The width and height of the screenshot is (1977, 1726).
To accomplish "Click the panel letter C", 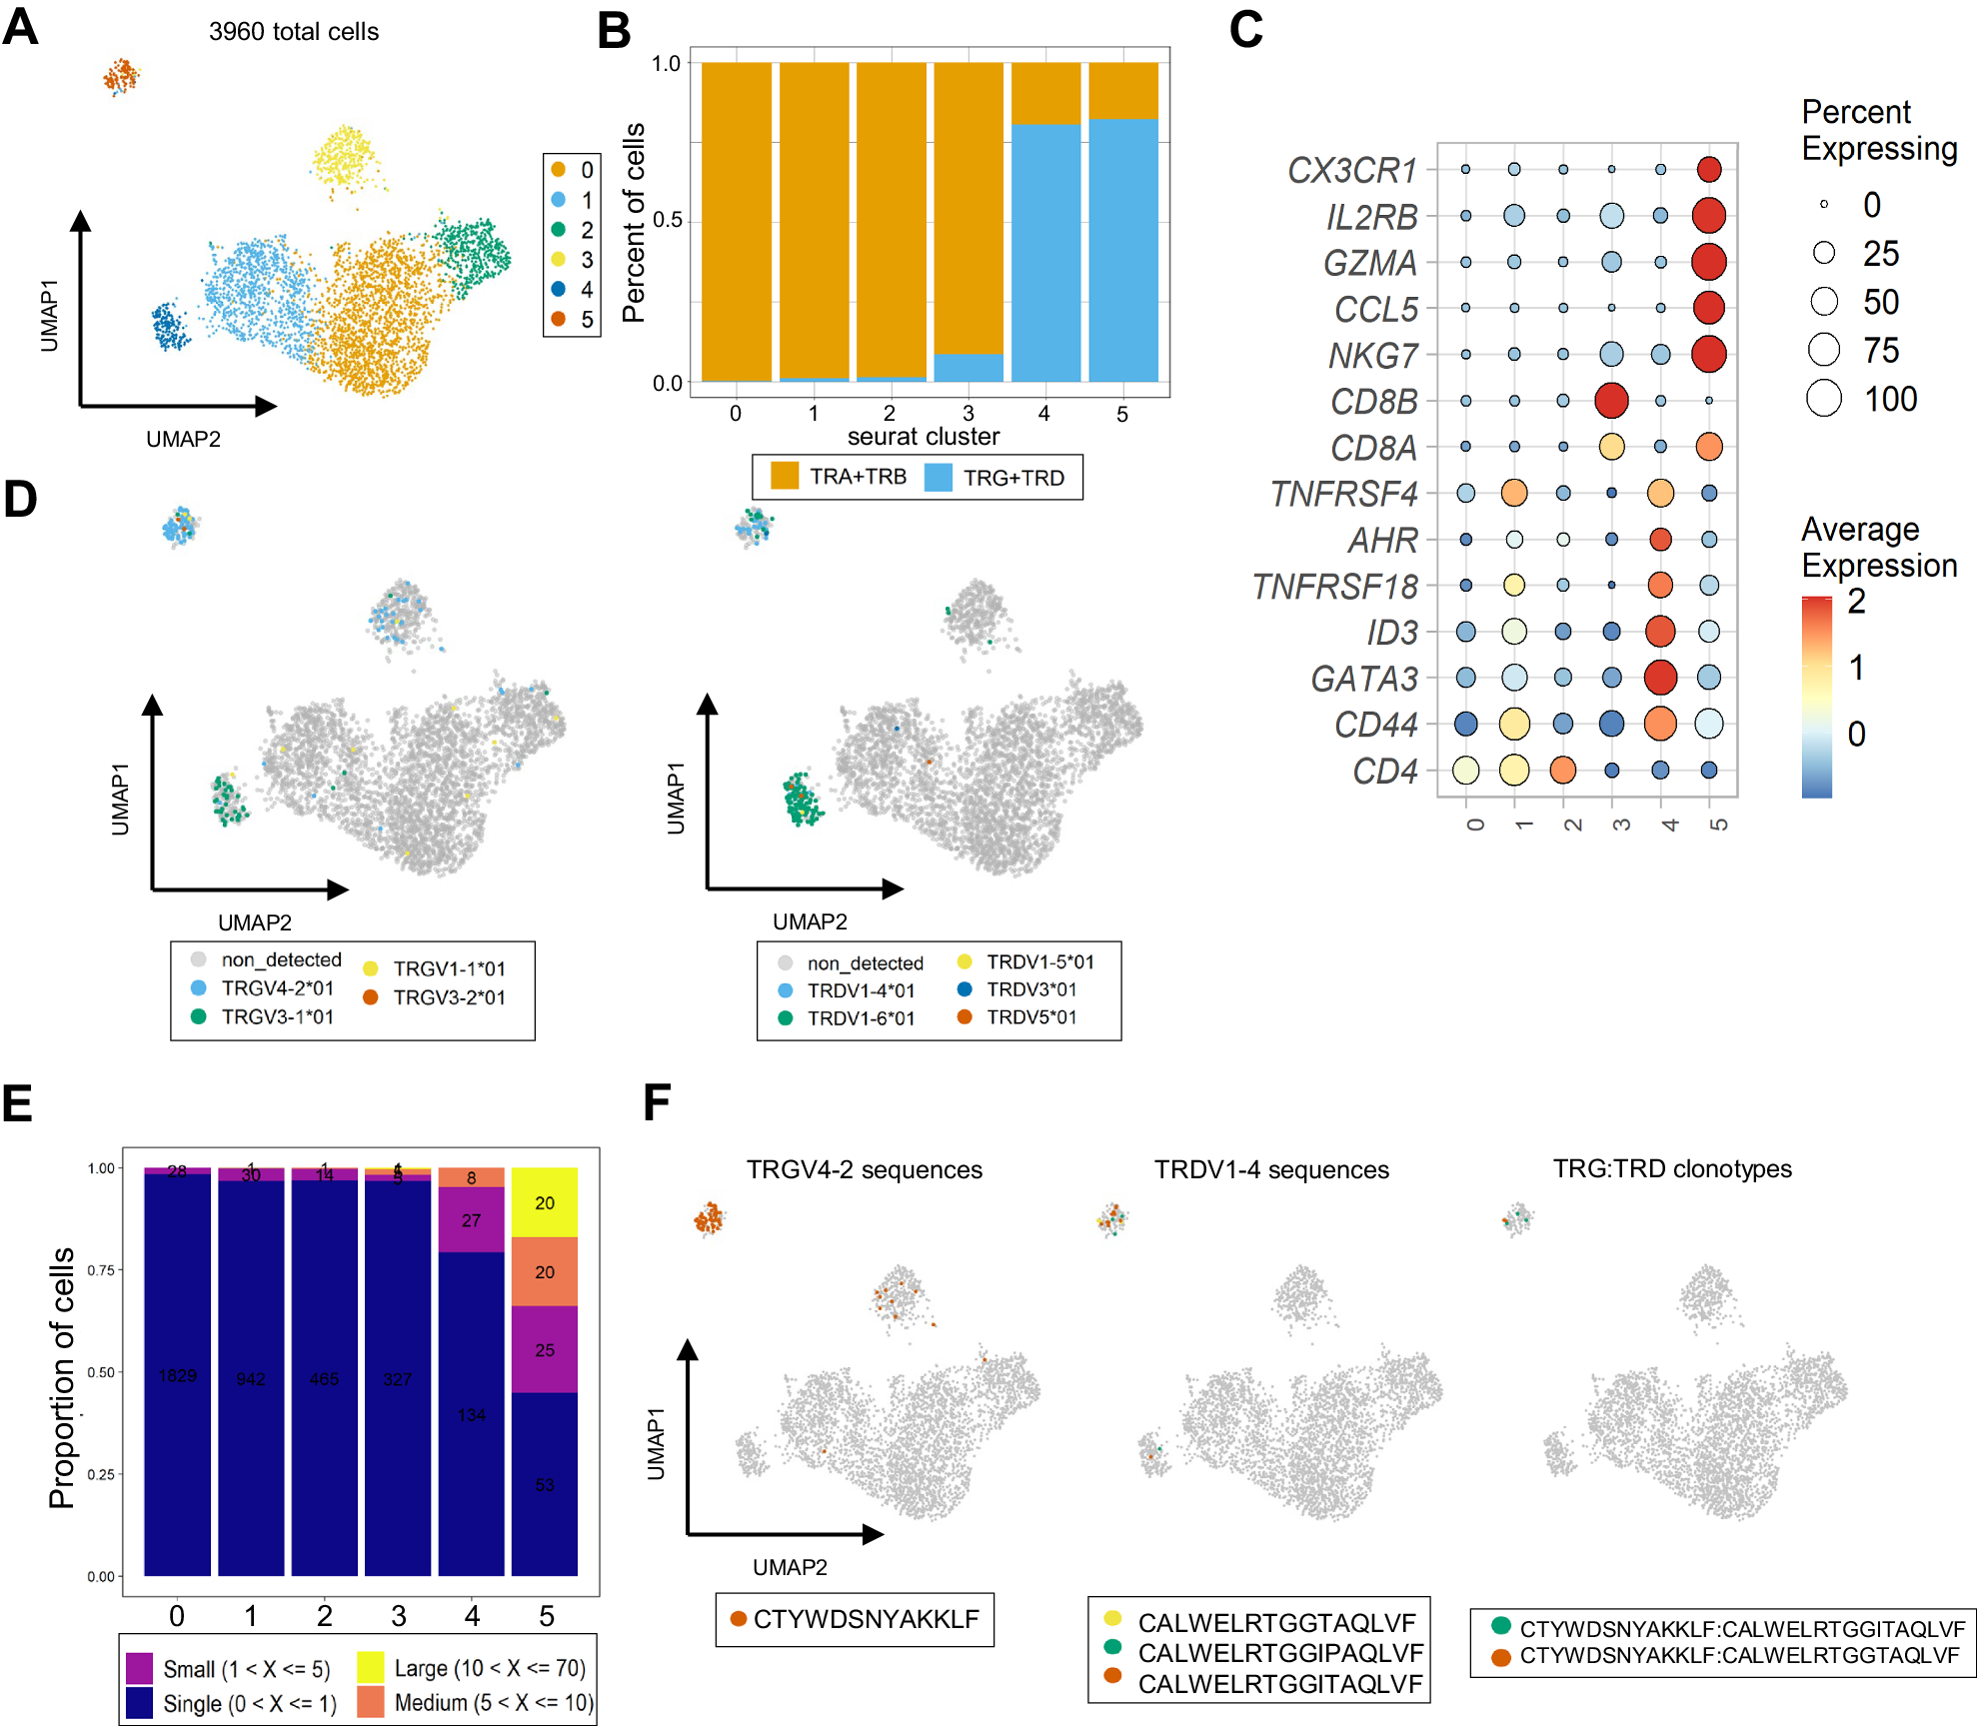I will click(1245, 29).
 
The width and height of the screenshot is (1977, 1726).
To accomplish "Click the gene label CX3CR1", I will click(1351, 170).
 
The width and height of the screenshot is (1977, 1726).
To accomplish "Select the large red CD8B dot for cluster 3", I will click(1611, 400).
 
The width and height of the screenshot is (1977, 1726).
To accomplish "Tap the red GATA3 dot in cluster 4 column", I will click(1660, 677).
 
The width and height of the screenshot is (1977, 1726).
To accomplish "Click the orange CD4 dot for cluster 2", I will click(1562, 770).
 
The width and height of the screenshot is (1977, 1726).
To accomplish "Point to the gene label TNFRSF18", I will click(1334, 587).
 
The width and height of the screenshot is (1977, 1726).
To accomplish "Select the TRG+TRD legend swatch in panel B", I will click(939, 477).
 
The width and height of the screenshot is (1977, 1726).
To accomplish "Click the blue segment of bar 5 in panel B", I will click(1123, 250).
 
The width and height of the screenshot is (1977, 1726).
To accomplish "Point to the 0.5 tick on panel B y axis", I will click(667, 220).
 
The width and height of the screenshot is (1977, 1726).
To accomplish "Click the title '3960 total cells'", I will click(294, 32).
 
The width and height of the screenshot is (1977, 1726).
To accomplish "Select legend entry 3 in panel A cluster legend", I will click(559, 260).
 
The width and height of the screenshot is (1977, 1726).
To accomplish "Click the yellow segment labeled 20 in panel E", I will click(545, 1202).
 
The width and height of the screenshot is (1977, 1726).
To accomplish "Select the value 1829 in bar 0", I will click(177, 1375).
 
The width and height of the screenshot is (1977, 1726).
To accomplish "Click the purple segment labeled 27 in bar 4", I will click(471, 1220).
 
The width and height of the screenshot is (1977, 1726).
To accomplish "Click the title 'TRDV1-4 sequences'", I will click(1271, 1169).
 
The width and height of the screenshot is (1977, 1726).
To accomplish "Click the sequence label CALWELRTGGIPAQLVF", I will click(1280, 1653).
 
